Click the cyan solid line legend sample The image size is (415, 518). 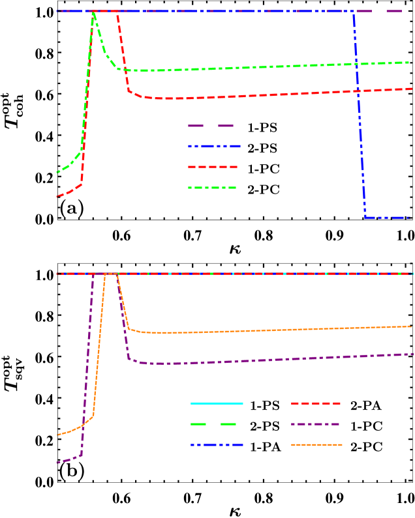217,403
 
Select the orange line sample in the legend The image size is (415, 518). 316,445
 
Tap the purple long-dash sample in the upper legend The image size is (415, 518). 210,126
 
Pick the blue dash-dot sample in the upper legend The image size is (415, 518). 214,147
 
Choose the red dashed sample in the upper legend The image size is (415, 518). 213,167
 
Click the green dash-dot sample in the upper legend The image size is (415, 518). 212,188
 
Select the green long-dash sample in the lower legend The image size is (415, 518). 213,424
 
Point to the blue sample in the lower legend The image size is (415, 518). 217,445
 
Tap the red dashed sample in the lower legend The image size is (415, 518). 316,403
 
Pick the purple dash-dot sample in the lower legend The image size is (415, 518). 316,424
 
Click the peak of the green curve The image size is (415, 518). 94,12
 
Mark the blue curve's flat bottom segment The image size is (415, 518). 388,218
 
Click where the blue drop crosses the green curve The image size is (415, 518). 356,65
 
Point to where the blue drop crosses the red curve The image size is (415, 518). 358,91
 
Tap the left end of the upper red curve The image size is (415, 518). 57,196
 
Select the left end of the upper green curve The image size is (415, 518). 57,173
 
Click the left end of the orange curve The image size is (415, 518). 57,435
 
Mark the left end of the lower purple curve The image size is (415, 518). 57,463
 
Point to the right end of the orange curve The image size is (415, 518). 412,326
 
